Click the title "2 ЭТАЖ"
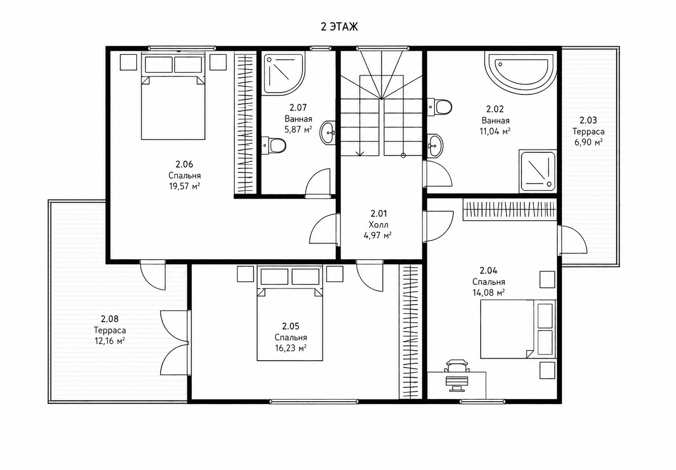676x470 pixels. [x=340, y=27]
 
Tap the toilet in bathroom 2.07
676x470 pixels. [x=273, y=146]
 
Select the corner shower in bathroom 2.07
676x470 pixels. [x=284, y=74]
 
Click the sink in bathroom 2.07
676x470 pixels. [x=328, y=133]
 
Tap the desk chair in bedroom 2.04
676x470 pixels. [x=457, y=366]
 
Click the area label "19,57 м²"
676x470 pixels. [x=184, y=186]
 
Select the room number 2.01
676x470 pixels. [x=378, y=213]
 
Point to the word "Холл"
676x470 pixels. [x=378, y=225]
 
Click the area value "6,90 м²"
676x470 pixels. [x=588, y=142]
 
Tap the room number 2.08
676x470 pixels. [x=110, y=319]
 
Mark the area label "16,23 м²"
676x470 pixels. [x=291, y=348]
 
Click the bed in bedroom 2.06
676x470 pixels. [x=173, y=96]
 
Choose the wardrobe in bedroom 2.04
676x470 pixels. [x=510, y=210]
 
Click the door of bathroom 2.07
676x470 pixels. [x=318, y=183]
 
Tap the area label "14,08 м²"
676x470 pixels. [x=488, y=293]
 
